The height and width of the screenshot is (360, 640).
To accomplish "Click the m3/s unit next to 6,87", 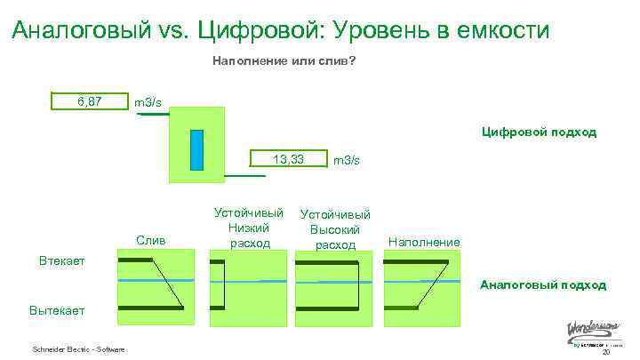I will [148, 103].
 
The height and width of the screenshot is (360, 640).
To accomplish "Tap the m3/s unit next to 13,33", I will [346, 160].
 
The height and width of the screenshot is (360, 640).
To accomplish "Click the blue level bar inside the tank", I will [196, 149].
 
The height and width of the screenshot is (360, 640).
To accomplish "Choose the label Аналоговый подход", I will [543, 285].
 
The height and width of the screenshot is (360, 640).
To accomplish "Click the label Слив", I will [150, 241].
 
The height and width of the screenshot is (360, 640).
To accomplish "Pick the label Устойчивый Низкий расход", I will [249, 228].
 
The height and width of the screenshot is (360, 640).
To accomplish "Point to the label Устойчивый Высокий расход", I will [335, 229].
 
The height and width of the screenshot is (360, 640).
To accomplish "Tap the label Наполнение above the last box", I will [424, 242].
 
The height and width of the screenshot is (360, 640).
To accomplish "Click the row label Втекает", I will [61, 261].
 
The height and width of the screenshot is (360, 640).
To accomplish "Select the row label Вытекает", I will [57, 311].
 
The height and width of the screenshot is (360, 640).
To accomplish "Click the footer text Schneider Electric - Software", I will [78, 348].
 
